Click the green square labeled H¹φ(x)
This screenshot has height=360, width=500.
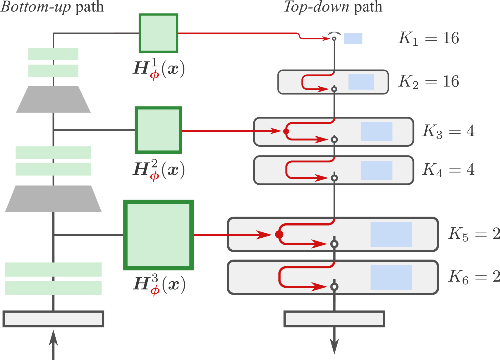[158, 33]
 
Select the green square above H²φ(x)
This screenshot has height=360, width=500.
[158, 130]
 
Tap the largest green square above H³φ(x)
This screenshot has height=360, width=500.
[158, 235]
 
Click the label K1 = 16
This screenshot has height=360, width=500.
[429, 38]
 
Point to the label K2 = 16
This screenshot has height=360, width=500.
[429, 81]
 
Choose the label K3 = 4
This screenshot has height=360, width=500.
[448, 131]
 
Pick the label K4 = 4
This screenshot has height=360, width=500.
[448, 169]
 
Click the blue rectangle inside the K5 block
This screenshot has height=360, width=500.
[391, 234]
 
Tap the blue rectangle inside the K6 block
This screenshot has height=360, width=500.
[391, 277]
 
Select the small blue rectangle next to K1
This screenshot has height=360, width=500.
[353, 39]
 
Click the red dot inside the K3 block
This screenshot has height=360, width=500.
[286, 131]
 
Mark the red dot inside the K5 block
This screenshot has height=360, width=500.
[279, 234]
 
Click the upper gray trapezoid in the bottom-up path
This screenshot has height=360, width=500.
[53, 100]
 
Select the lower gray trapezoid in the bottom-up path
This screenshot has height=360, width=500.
[53, 199]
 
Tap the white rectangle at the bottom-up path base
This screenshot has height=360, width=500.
[53, 319]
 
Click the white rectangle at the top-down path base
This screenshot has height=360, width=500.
[334, 319]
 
